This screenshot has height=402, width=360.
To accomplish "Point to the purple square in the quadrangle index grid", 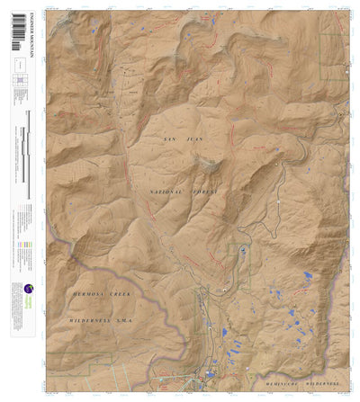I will point(18,81).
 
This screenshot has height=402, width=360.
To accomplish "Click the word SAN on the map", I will point(168,139).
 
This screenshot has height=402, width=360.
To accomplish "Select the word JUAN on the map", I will point(190,139).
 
